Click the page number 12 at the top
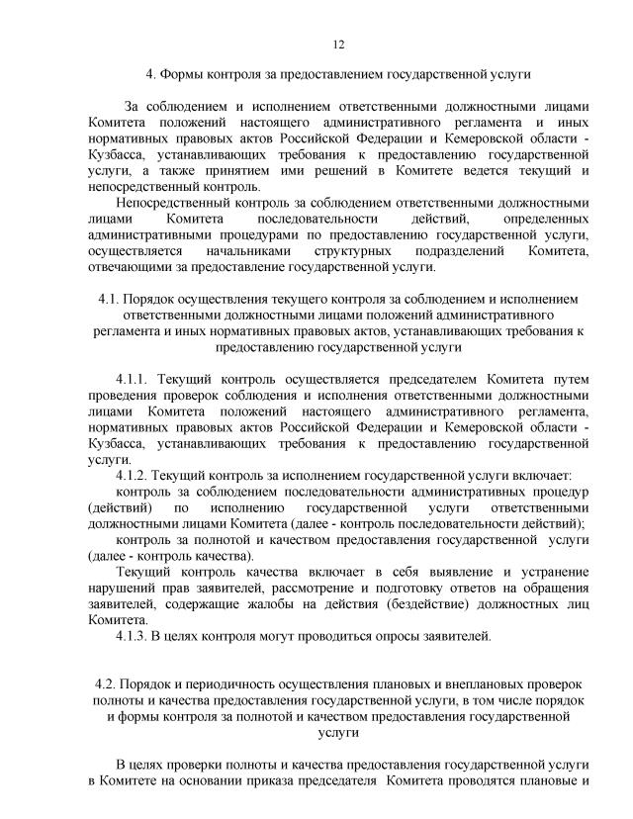338,44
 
